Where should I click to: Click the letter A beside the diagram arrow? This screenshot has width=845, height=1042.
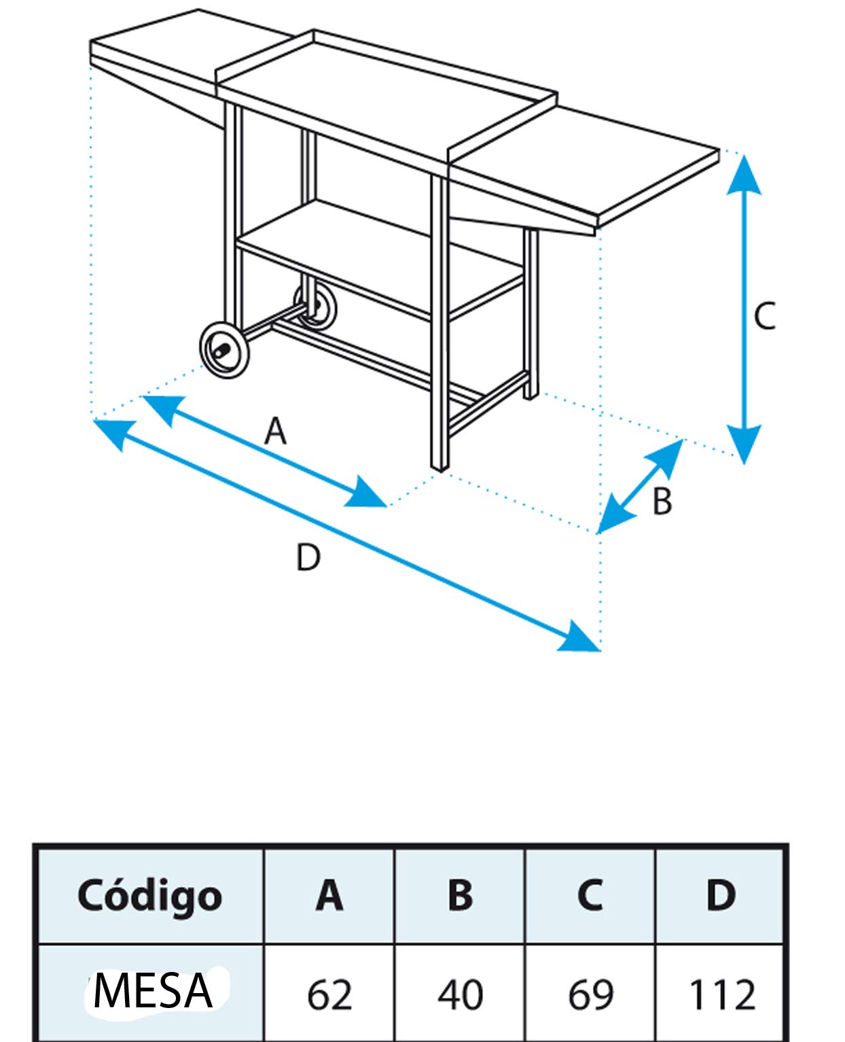pos(275,430)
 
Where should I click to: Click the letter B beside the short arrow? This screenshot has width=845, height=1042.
pos(662,501)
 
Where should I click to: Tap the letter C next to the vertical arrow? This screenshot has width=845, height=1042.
pos(764,316)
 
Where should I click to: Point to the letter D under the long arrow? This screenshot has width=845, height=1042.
pos(308,557)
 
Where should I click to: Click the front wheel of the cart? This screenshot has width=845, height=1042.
pos(224,349)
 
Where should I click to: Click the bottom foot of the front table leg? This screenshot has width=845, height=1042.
pos(439,466)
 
